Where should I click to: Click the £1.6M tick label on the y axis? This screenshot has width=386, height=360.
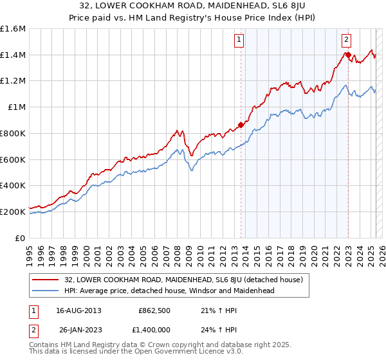(12, 29)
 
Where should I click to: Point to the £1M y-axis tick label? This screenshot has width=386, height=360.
(17, 107)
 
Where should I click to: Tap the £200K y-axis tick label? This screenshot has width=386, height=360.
(12, 211)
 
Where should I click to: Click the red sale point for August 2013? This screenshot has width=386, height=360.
(241, 125)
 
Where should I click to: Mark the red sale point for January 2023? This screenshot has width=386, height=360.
(348, 55)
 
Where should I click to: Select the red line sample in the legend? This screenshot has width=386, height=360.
(46, 280)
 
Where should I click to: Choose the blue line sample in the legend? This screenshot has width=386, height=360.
(46, 291)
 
